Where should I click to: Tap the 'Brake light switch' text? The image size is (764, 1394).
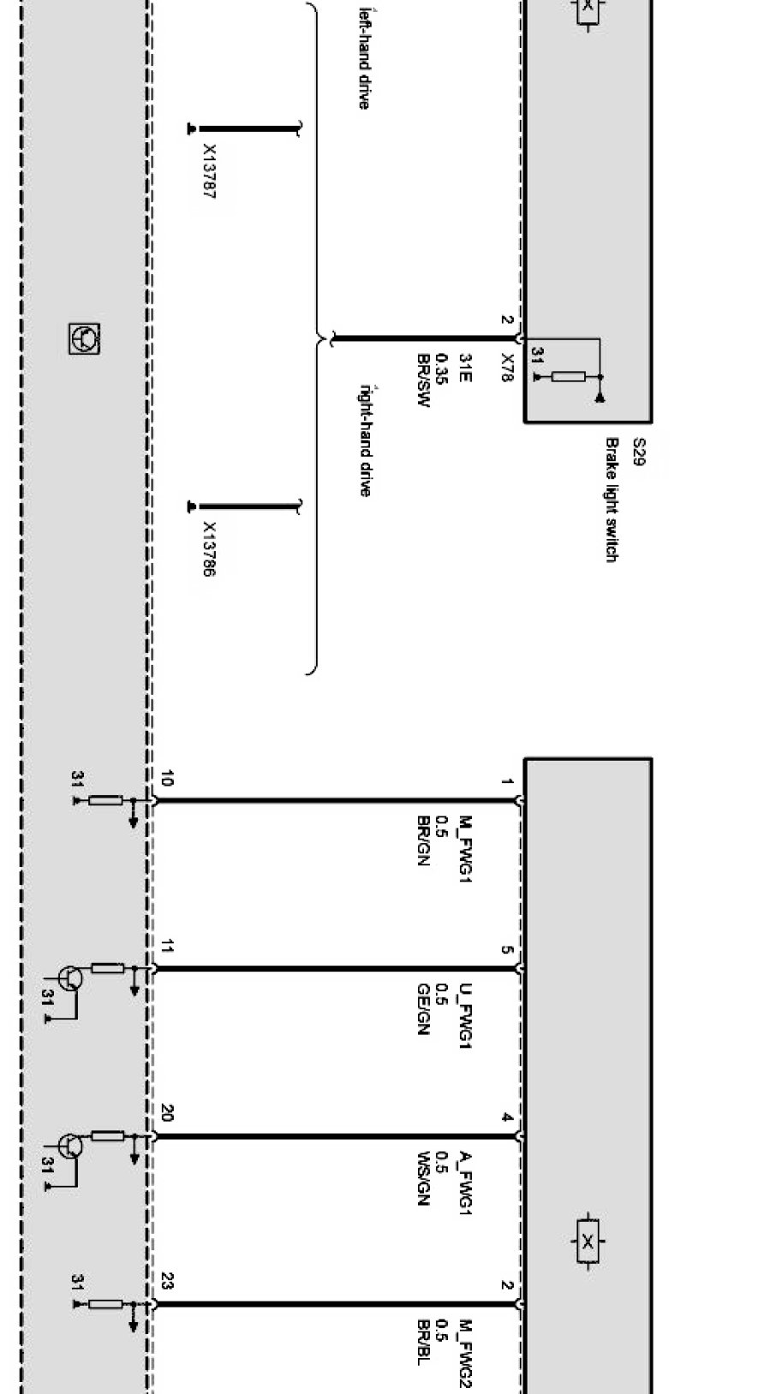click(612, 500)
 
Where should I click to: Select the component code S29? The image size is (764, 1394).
click(638, 452)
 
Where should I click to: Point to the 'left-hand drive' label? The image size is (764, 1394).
click(364, 57)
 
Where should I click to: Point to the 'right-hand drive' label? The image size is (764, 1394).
click(364, 440)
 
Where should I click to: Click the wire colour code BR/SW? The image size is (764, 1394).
click(422, 381)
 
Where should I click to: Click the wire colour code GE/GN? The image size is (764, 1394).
click(422, 1010)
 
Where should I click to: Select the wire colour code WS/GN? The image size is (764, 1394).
click(422, 1177)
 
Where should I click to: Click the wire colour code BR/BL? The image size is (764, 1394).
click(422, 1343)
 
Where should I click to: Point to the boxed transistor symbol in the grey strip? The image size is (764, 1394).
click(84, 338)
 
